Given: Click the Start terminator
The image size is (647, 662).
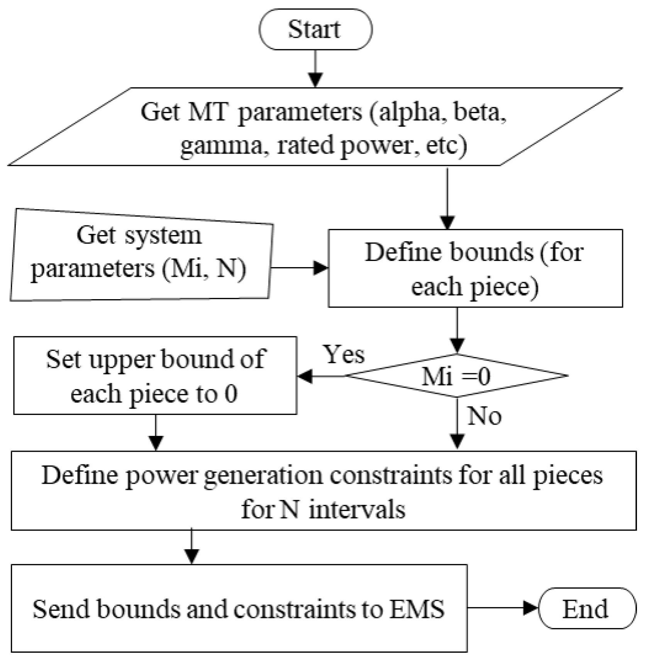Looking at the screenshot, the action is (x=315, y=29).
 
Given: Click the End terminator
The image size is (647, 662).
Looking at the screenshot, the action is (x=587, y=608).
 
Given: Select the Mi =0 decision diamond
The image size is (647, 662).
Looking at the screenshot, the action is (x=457, y=376).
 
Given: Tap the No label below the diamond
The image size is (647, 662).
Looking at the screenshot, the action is (x=484, y=416).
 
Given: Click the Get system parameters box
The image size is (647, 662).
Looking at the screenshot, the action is (x=141, y=255).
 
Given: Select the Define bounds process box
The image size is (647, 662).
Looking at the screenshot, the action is (x=475, y=268).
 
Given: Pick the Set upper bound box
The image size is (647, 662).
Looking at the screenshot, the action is (x=155, y=376).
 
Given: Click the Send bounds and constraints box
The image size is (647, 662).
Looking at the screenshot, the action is (x=239, y=608).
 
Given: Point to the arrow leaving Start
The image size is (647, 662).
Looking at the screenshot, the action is (x=316, y=69).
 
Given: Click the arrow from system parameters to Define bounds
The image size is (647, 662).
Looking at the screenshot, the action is (x=299, y=268).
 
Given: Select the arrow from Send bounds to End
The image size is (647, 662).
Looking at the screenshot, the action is (x=503, y=608).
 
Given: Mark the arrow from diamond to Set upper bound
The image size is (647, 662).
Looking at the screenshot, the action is (x=322, y=376).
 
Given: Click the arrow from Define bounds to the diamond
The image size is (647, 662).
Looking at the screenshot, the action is (x=457, y=330).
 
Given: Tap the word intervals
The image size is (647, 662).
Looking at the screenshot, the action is (x=357, y=510).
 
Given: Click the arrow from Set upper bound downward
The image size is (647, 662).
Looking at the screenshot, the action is (x=156, y=433).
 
